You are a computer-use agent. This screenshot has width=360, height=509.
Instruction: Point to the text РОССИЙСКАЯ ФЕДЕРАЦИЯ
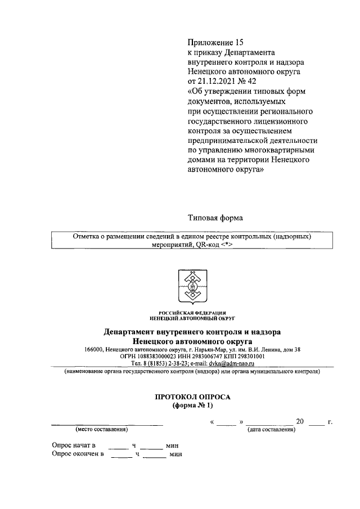[x=192, y=312]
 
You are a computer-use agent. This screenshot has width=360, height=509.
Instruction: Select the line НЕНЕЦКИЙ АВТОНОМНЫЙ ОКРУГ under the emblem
[x=192, y=318]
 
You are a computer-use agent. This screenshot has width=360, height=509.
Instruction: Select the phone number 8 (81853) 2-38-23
[x=159, y=363]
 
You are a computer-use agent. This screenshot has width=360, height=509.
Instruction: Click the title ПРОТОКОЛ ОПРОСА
[x=192, y=397]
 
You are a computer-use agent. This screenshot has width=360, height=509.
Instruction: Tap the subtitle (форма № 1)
[x=192, y=405]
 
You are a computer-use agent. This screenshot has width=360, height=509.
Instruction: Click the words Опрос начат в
[x=74, y=445]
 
